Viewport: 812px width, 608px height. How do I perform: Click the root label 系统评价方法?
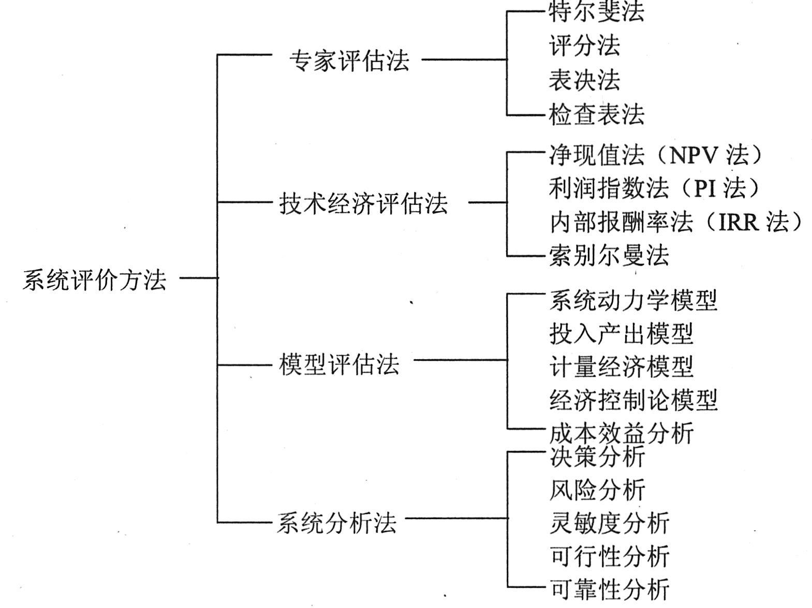click(x=95, y=280)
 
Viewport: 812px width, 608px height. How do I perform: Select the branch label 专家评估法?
click(x=349, y=61)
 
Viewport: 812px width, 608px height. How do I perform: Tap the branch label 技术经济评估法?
click(x=363, y=203)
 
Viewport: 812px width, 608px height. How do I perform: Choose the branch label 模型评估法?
click(x=339, y=364)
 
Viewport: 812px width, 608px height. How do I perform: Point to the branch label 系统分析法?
click(x=336, y=523)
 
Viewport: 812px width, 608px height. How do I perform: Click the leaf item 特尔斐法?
click(x=596, y=12)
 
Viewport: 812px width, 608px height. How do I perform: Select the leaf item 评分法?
click(x=584, y=46)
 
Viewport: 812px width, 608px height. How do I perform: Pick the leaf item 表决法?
click(x=584, y=80)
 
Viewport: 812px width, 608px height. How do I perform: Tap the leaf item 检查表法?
click(x=596, y=114)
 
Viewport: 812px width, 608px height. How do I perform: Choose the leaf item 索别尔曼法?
click(x=609, y=255)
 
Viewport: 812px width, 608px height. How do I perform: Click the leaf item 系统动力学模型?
click(x=633, y=301)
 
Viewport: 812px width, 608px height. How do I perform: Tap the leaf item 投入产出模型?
click(x=621, y=334)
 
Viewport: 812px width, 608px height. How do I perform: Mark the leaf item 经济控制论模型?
click(x=633, y=401)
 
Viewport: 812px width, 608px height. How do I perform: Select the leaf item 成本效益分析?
click(x=621, y=433)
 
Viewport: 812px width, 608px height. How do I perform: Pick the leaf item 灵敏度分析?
click(x=609, y=523)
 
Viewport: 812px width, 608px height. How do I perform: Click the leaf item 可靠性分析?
click(x=609, y=589)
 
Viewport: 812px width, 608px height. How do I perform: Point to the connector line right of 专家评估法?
click(x=464, y=60)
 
